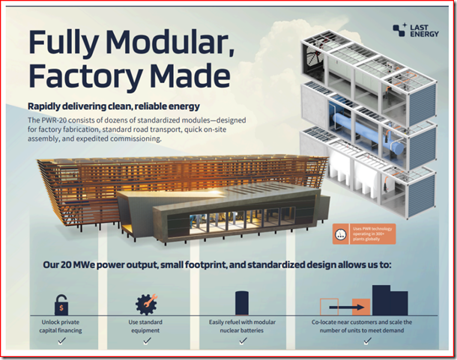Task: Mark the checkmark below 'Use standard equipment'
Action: [x=147, y=341]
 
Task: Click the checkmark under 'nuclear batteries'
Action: [x=243, y=341]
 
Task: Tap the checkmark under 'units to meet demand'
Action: [x=366, y=341]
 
